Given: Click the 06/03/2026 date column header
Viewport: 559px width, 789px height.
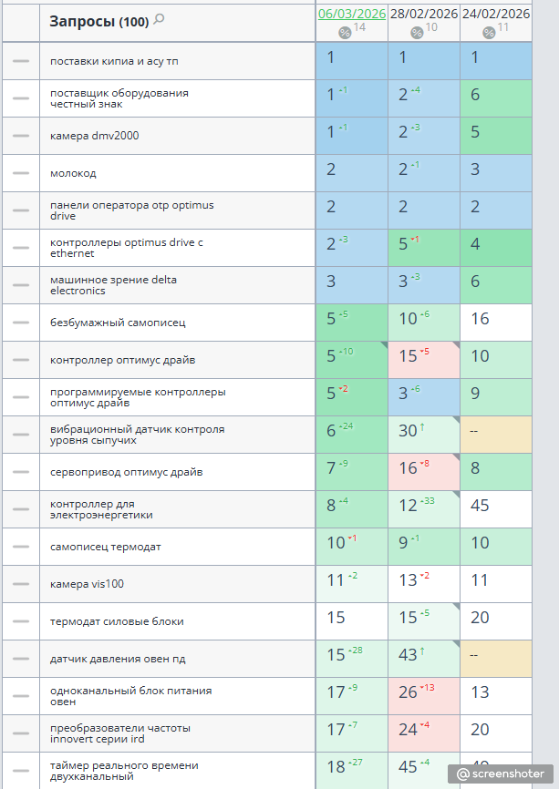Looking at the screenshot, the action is point(351,14).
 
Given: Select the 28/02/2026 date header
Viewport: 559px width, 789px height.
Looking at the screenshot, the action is point(423,14).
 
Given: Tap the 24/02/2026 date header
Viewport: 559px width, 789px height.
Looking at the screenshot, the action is point(496,14).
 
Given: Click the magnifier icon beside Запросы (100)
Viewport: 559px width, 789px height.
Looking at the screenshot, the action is point(159,20).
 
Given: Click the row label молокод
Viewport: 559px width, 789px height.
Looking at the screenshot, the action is point(73,173).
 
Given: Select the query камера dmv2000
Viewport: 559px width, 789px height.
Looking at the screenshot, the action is point(94,136).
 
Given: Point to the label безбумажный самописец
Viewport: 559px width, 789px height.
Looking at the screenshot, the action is point(118,323).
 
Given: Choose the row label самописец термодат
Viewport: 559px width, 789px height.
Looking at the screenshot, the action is point(105,547).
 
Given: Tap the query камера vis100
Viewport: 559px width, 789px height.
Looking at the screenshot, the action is point(87,584).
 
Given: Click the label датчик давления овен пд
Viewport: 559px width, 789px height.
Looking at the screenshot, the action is point(118,660).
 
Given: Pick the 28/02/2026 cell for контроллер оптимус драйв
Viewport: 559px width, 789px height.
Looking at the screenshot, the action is point(423,360).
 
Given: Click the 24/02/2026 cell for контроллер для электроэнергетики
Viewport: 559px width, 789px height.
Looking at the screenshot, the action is point(496,509).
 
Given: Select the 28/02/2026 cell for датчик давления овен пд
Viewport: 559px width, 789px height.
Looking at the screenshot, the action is point(423,659).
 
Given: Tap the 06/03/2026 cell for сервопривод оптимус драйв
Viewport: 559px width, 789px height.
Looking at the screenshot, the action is point(351,472).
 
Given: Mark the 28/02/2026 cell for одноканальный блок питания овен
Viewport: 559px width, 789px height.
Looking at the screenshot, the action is point(423,696).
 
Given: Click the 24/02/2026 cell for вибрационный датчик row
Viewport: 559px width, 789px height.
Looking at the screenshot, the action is point(496,435).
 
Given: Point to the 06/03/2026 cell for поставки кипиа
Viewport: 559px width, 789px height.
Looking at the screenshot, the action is point(351,61).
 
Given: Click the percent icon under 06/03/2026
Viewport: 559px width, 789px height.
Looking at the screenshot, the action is point(345,33).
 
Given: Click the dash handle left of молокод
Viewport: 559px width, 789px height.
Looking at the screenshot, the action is point(21,173).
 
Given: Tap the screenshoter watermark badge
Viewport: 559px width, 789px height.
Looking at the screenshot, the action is point(500,774).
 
